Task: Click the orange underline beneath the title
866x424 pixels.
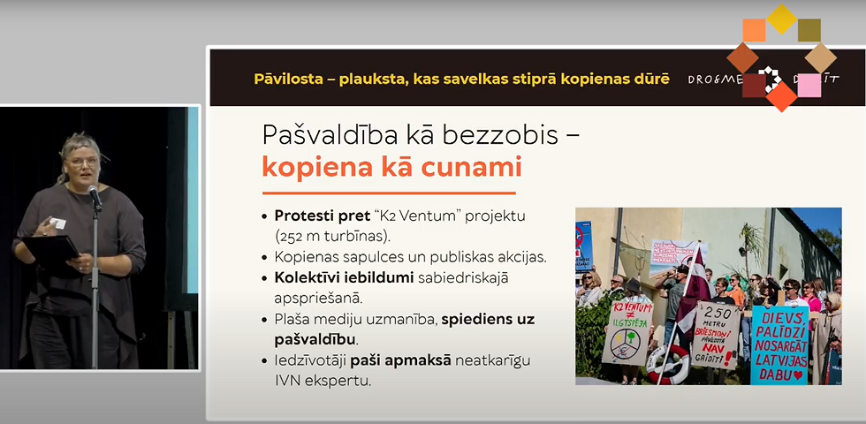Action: pyautogui.click(x=389, y=192)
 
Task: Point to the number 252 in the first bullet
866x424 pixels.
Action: pyautogui.click(x=296, y=236)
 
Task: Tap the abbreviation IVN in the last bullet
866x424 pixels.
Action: pyautogui.click(x=289, y=381)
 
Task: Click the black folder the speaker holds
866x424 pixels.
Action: pyautogui.click(x=49, y=250)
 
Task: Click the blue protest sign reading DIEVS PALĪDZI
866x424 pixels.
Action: pyautogui.click(x=779, y=344)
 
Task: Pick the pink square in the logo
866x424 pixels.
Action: pyautogui.click(x=809, y=85)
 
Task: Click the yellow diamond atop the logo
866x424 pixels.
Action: pyautogui.click(x=781, y=18)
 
